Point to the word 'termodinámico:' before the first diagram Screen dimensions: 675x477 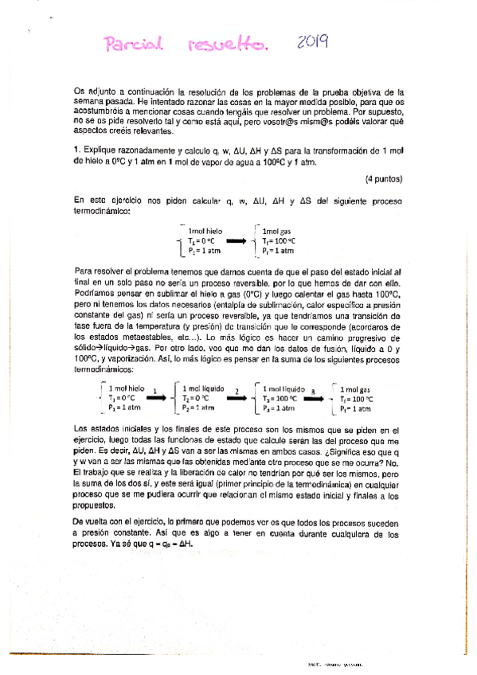(x=99, y=209)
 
